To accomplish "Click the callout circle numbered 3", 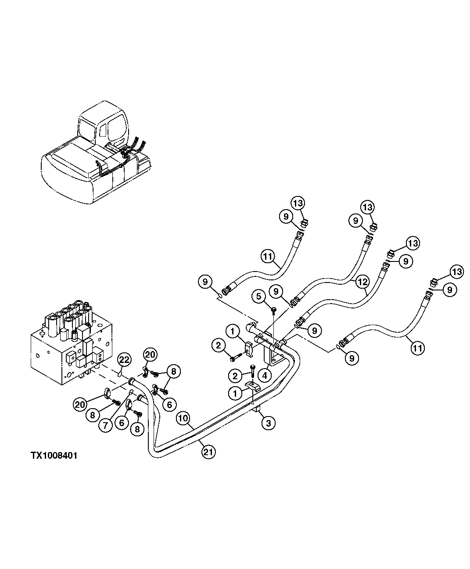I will [268, 423].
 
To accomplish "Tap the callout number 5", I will [259, 296].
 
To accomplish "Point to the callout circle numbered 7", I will [105, 425].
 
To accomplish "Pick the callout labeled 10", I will [183, 418].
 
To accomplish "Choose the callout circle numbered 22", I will [125, 360].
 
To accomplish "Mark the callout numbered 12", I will [362, 281].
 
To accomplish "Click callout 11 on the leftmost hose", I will [268, 256].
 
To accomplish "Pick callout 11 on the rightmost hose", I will [418, 348].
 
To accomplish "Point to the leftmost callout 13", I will [298, 203].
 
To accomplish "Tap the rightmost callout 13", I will [457, 272].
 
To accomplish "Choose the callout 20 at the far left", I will [80, 404].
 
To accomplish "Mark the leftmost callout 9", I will [205, 281].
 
